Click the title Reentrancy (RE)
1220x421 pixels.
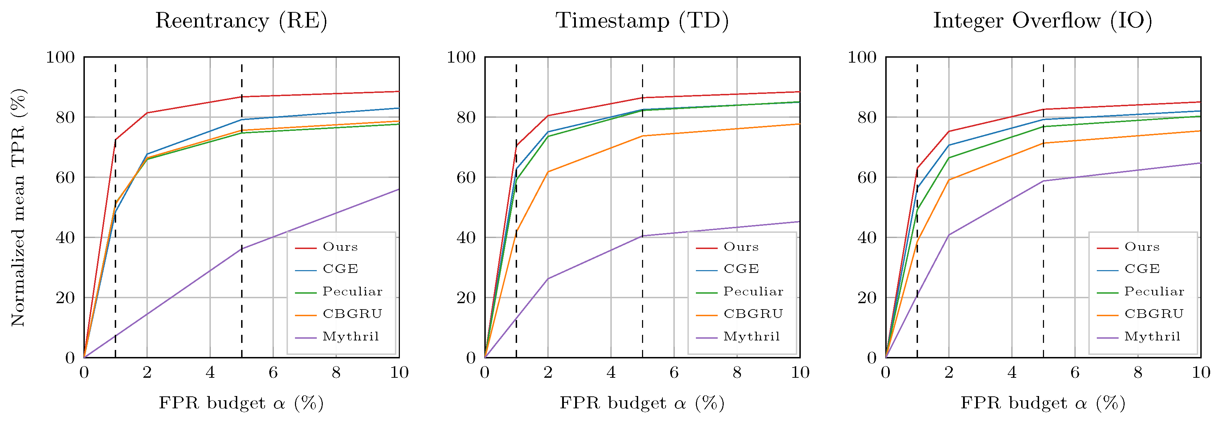pyautogui.click(x=241, y=21)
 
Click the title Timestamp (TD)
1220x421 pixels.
pyautogui.click(x=642, y=21)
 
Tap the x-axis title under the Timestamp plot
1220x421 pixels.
pyautogui.click(x=642, y=403)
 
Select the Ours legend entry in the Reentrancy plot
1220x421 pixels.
pyautogui.click(x=340, y=247)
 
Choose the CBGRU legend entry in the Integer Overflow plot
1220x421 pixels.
pyautogui.click(x=1154, y=314)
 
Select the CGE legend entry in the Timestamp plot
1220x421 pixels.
pyautogui.click(x=741, y=269)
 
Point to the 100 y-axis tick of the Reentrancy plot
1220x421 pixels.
pyautogui.click(x=60, y=57)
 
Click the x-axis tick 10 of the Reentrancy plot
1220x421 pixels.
pyautogui.click(x=399, y=373)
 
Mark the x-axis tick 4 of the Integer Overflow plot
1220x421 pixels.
pyautogui.click(x=1012, y=373)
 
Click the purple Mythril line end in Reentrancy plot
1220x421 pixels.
pyautogui.click(x=399, y=189)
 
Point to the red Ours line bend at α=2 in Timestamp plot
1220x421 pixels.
pyautogui.click(x=548, y=115)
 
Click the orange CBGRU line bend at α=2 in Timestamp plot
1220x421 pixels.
pyautogui.click(x=548, y=172)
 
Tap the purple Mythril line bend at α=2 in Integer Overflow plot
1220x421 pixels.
pyautogui.click(x=949, y=235)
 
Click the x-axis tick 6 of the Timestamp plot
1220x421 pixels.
pyautogui.click(x=674, y=373)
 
